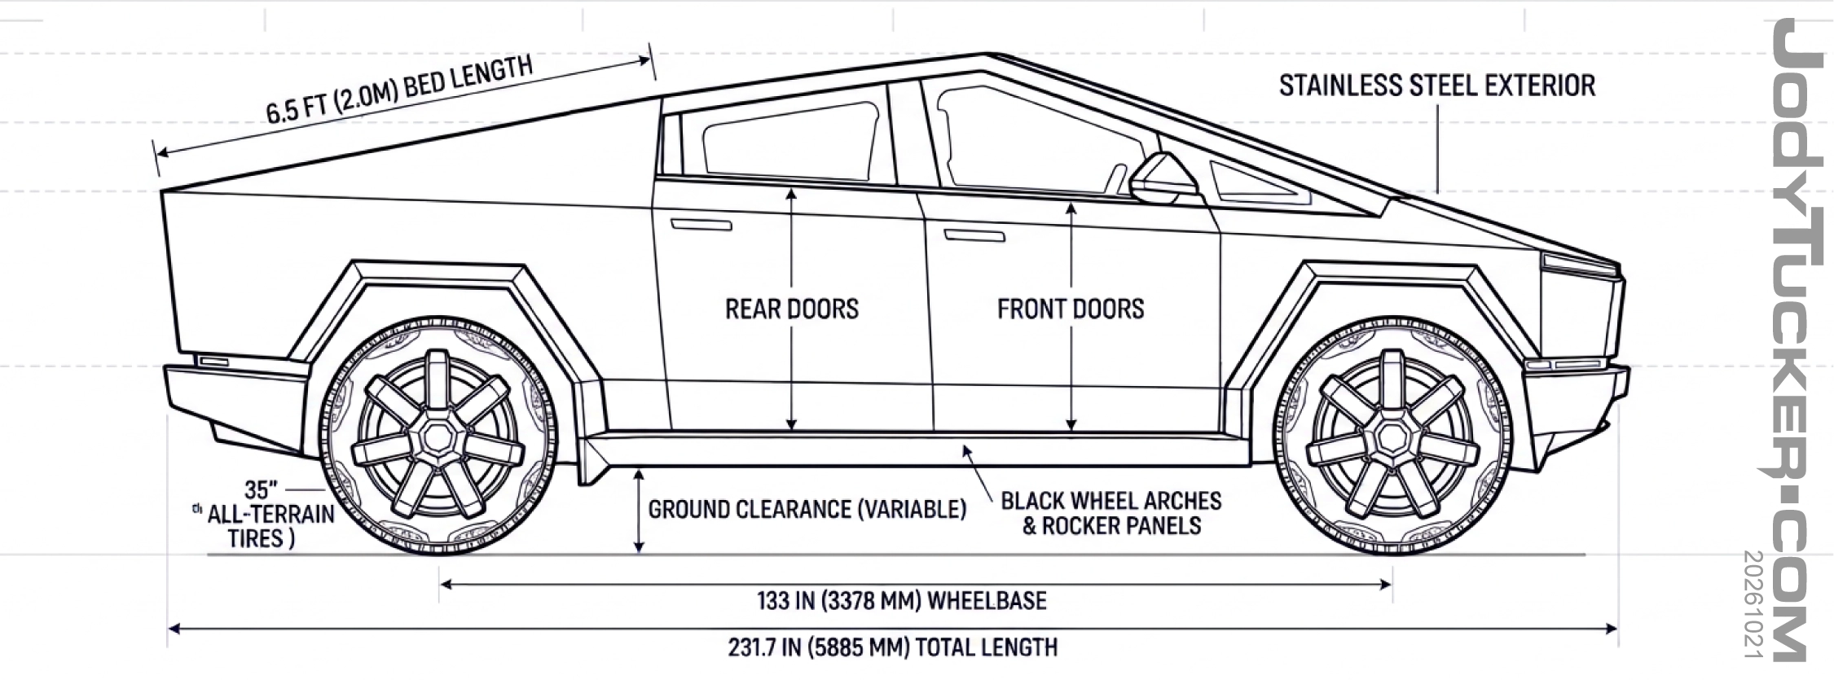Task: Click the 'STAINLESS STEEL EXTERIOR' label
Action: click(x=1436, y=86)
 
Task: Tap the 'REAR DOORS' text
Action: click(x=792, y=309)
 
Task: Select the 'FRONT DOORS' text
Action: click(x=1071, y=309)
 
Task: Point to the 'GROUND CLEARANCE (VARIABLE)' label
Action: click(x=807, y=510)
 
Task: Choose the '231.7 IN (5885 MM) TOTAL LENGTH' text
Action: click(x=893, y=647)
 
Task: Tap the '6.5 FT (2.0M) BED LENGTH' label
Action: click(x=399, y=90)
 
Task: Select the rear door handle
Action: click(x=701, y=225)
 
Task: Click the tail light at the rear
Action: click(x=214, y=360)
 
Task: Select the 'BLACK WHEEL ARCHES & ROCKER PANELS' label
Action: click(x=1111, y=513)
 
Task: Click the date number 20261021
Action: click(x=1753, y=604)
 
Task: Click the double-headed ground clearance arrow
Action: click(x=640, y=511)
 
